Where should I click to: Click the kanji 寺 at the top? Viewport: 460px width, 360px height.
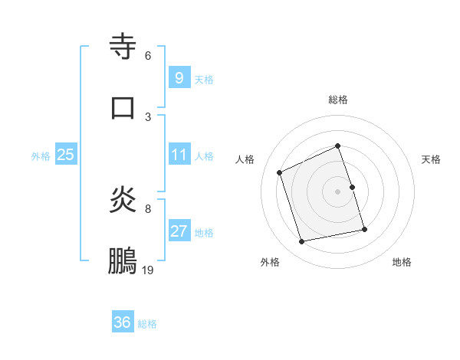click(x=123, y=47)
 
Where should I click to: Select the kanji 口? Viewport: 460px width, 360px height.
click(x=123, y=108)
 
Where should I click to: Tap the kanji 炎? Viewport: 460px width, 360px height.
click(x=123, y=201)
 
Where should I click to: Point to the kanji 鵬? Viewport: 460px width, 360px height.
click(x=123, y=261)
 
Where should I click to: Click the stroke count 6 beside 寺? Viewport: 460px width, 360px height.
click(x=148, y=56)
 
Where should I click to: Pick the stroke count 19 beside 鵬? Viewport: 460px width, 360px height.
click(x=148, y=270)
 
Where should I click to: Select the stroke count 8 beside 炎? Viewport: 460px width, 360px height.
click(x=148, y=208)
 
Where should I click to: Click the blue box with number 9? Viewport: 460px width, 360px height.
click(x=179, y=77)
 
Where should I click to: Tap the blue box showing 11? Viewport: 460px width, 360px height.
click(x=179, y=155)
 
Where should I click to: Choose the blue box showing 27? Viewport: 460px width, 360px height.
click(x=179, y=231)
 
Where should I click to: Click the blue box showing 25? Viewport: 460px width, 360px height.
click(x=65, y=155)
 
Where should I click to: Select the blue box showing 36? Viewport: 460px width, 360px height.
click(x=123, y=322)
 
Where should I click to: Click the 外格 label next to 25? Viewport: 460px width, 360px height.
click(x=41, y=156)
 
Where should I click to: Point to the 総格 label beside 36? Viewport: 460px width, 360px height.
click(x=147, y=324)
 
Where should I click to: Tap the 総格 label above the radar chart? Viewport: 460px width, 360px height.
click(x=338, y=100)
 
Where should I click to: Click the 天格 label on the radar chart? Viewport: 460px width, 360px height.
click(x=432, y=159)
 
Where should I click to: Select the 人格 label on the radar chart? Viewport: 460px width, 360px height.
click(x=245, y=159)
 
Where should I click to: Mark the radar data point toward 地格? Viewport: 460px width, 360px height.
click(x=364, y=229)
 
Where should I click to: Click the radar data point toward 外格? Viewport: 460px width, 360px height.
click(x=302, y=242)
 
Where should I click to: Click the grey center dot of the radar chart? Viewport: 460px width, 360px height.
click(x=338, y=191)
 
